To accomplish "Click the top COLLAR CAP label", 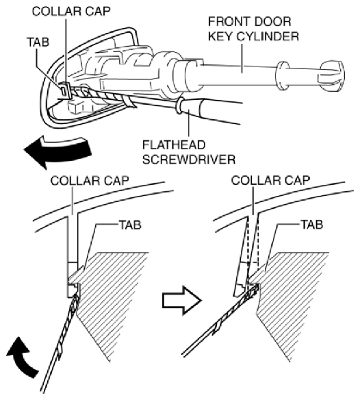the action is tap(71, 12).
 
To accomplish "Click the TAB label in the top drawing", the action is tap(38, 42).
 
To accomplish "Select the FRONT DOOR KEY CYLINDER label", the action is tap(253, 29).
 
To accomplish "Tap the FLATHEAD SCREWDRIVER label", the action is tap(189, 152).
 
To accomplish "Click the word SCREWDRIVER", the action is tap(189, 160).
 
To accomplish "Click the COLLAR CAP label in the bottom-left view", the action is tap(90, 181).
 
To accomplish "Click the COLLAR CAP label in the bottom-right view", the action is tap(270, 180).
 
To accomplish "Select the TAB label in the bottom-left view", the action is tap(130, 225).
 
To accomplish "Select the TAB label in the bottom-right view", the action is tap(312, 225).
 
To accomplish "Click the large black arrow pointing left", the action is tap(57, 151).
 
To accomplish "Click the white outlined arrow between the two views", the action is tap(181, 300).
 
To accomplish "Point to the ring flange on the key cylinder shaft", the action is tap(282, 76).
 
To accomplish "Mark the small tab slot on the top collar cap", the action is tap(64, 90).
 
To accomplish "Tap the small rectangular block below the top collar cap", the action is tap(77, 106).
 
